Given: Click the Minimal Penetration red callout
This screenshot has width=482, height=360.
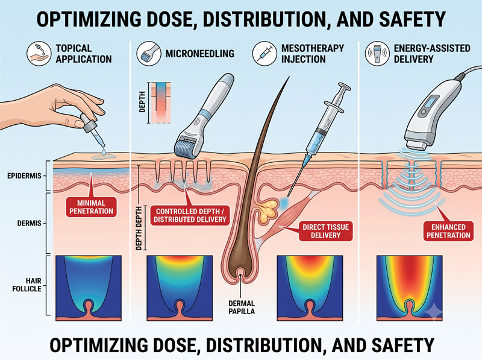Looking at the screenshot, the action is tap(92, 207).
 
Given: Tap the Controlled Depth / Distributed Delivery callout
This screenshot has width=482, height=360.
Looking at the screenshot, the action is tap(190, 215).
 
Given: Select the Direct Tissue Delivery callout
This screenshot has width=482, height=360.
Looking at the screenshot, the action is tap(325, 231).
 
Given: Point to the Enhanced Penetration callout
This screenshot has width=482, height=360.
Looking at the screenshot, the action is tap(448, 231).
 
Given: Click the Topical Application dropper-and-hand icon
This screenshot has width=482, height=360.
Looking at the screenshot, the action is tap(39, 54).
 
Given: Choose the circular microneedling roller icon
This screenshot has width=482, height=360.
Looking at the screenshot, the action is tap(149, 54).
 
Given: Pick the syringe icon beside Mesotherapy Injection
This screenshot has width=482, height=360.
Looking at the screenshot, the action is tap(264, 54).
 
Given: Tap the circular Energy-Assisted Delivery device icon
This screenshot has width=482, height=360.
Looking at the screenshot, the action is tap(377, 54).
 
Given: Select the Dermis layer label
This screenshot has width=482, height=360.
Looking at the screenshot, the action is tap(29, 223).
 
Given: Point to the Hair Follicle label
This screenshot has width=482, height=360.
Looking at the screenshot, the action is tap(27, 285).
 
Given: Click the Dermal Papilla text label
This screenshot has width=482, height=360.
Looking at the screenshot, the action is tap(242, 308).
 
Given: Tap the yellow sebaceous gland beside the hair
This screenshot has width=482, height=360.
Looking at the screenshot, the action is tap(268, 211).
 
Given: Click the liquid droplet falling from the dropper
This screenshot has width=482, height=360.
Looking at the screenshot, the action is tap(104, 151).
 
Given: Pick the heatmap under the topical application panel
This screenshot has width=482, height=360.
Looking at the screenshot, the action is tap(89, 288).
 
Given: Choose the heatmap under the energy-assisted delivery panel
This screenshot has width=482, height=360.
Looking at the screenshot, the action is tap(410, 288).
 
